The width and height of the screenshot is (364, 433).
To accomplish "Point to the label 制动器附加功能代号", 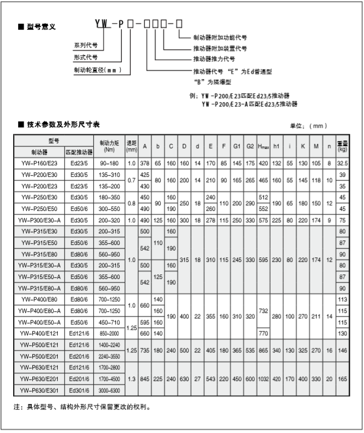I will click(220, 38).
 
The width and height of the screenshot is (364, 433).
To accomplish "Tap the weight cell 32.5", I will click(343, 163).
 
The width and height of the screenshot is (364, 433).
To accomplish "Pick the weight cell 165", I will click(343, 378).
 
